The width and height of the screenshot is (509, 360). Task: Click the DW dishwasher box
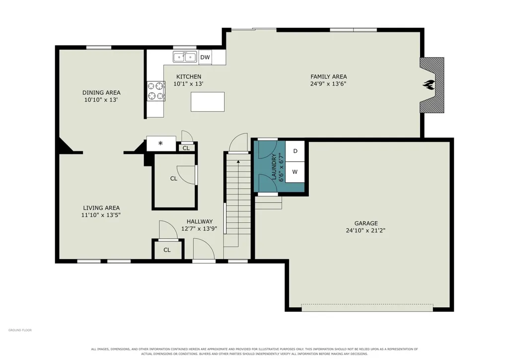[x=205, y=58]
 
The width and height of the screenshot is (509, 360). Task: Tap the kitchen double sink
[x=185, y=57]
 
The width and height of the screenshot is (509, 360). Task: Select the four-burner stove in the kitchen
[x=156, y=91]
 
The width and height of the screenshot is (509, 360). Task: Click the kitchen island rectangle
[x=208, y=102]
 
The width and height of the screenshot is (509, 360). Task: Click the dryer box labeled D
[x=295, y=151]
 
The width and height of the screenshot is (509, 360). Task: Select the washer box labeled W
[x=295, y=172]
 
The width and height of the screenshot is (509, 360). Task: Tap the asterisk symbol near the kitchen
[x=160, y=143]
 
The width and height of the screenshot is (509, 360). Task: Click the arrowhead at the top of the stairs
[x=238, y=161]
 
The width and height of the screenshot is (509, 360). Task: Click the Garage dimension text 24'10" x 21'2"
[x=365, y=230]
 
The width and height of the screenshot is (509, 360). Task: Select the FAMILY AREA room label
[x=329, y=76]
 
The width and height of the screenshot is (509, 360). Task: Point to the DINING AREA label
[x=101, y=92]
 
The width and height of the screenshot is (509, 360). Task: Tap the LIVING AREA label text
[x=101, y=208]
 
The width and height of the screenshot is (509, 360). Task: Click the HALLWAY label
[x=199, y=221]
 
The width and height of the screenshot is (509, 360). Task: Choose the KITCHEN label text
[x=189, y=76]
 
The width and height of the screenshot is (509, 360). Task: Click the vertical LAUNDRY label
[x=273, y=166]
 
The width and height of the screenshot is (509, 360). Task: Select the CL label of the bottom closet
[x=167, y=250]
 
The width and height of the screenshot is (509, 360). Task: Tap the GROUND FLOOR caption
[x=20, y=330]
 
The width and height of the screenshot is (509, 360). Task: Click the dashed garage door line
[x=367, y=304]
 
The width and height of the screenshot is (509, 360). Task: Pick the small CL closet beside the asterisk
[x=186, y=148]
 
